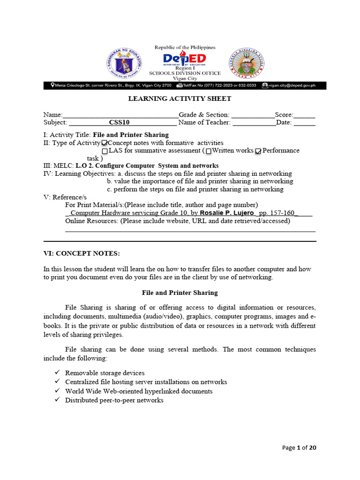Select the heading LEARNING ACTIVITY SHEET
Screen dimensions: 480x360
pos(180,98)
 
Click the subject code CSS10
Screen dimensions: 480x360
pos(119,123)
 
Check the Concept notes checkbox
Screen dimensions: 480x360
pos(105,143)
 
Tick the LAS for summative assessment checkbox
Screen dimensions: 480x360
pos(105,151)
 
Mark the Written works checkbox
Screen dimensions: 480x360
pos(209,151)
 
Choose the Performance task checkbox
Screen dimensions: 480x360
pos(258,151)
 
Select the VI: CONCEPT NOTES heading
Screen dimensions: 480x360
pos(82,254)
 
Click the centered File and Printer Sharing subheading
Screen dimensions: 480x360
pos(180,292)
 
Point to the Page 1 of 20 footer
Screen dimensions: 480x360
pos(299,448)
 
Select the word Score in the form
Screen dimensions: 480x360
pos(284,115)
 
